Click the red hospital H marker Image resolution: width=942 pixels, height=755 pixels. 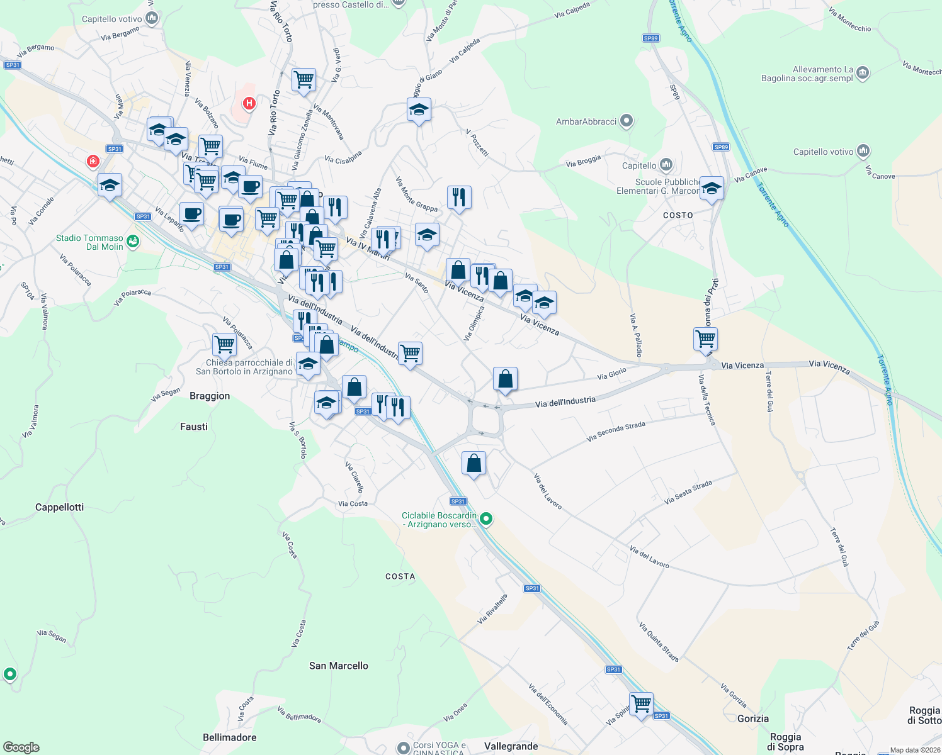click(249, 103)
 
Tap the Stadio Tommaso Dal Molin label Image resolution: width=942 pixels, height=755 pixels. click(89, 242)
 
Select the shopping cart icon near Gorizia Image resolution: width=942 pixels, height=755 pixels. click(641, 703)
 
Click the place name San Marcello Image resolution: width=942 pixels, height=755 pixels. click(338, 666)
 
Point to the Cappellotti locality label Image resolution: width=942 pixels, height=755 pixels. click(59, 507)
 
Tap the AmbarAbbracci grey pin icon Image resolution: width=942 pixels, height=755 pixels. click(626, 121)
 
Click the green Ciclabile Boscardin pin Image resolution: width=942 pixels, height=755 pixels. click(485, 519)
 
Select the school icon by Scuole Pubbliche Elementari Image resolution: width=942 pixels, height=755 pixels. click(712, 188)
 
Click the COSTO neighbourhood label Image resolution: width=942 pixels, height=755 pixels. click(678, 215)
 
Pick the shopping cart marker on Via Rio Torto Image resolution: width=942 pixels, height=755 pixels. click(304, 80)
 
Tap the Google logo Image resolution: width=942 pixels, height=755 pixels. click(21, 747)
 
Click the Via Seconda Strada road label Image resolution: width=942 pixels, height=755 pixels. click(616, 432)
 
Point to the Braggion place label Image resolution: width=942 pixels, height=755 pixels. click(210, 396)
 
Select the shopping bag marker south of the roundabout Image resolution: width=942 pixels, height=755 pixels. click(474, 464)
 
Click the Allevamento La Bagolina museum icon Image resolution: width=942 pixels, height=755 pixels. click(863, 73)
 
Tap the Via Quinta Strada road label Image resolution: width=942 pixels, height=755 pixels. click(659, 642)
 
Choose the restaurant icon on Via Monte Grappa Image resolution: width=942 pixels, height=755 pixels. click(459, 198)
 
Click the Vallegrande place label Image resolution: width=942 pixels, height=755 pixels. click(511, 746)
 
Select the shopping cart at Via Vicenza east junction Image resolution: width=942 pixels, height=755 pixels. click(705, 338)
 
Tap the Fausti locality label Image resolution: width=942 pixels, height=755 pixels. click(193, 427)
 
